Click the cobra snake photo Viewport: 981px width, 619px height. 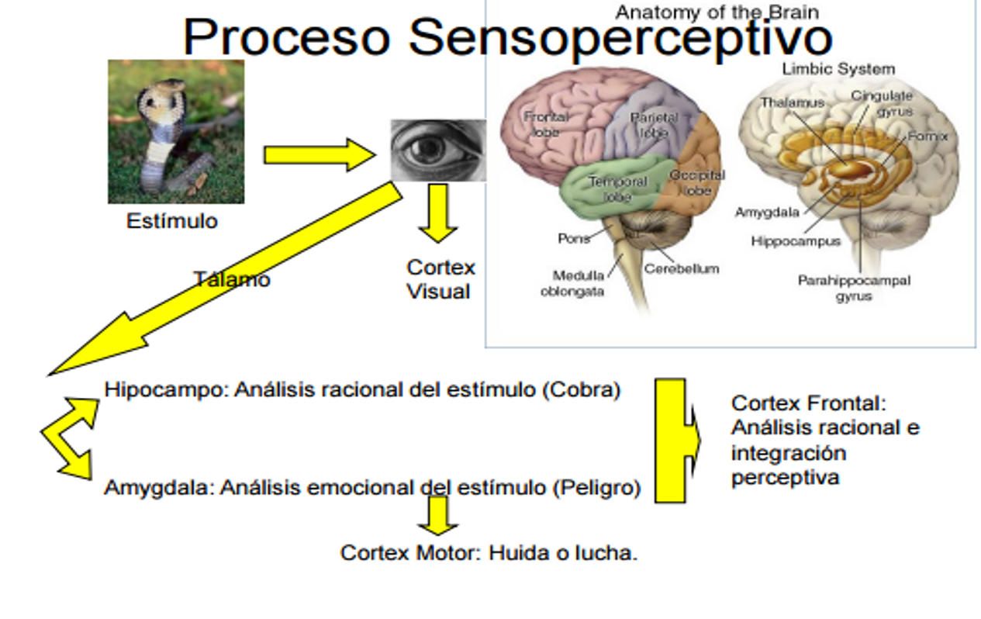pyautogui.click(x=176, y=132)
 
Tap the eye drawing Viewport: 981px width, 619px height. pyautogui.click(x=437, y=150)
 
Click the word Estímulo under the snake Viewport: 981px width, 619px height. pyautogui.click(x=171, y=221)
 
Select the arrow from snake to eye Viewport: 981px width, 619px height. pyautogui.click(x=319, y=154)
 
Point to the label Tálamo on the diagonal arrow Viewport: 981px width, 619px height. pyautogui.click(x=232, y=279)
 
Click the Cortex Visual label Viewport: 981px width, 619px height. pyautogui.click(x=440, y=279)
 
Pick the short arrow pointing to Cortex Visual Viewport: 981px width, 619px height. pyautogui.click(x=437, y=213)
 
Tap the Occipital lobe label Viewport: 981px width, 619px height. pyautogui.click(x=696, y=182)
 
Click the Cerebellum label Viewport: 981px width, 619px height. pyautogui.click(x=681, y=268)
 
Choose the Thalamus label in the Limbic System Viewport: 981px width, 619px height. pyautogui.click(x=792, y=102)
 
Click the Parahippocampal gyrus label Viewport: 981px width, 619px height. pyautogui.click(x=854, y=288)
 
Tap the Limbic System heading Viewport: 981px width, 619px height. pyautogui.click(x=838, y=69)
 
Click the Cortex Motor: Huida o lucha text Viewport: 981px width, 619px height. pyautogui.click(x=489, y=553)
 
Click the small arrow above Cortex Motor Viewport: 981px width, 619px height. pyautogui.click(x=438, y=515)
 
